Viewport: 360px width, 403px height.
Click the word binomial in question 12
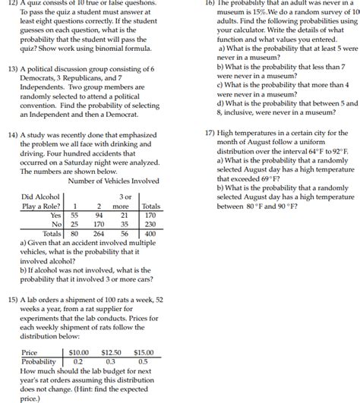pos(117,43)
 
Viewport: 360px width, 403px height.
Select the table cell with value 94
pos(99,215)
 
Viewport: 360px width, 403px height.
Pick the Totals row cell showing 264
pos(99,234)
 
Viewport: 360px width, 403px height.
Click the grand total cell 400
pos(151,234)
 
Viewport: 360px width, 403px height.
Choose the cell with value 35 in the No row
pos(124,225)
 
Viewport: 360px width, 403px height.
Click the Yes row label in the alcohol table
pos(55,215)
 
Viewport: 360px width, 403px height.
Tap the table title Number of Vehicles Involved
pos(113,181)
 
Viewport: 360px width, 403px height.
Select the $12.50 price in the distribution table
pos(112,353)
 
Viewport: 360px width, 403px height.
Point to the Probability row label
pos(39,362)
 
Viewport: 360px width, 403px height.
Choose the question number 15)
pos(13,299)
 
